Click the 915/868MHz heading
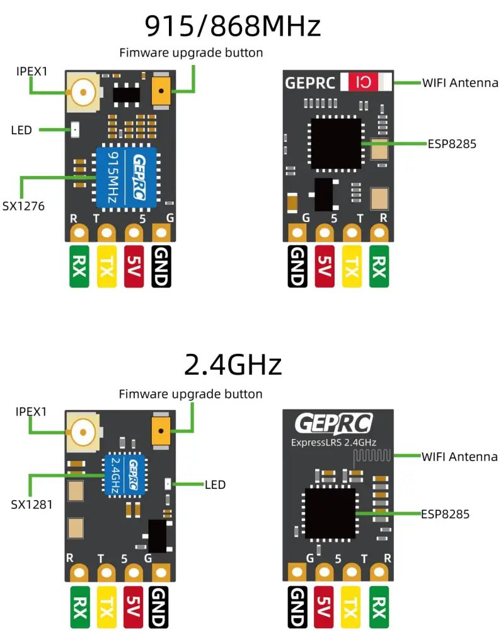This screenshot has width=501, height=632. [x=233, y=26]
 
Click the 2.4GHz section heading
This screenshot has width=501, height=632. [x=233, y=365]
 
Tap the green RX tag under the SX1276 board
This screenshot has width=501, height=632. [x=79, y=266]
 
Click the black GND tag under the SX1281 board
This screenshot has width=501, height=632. [x=161, y=609]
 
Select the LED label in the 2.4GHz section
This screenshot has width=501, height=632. [x=215, y=484]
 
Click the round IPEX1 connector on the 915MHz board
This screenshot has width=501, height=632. [x=83, y=94]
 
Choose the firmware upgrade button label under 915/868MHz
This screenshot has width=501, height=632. [x=191, y=52]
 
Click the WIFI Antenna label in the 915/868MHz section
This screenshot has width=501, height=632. [x=459, y=83]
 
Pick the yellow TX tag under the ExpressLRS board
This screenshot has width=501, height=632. [x=351, y=609]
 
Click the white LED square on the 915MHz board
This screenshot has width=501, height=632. [x=75, y=130]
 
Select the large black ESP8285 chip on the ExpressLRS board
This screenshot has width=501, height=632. [x=330, y=513]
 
